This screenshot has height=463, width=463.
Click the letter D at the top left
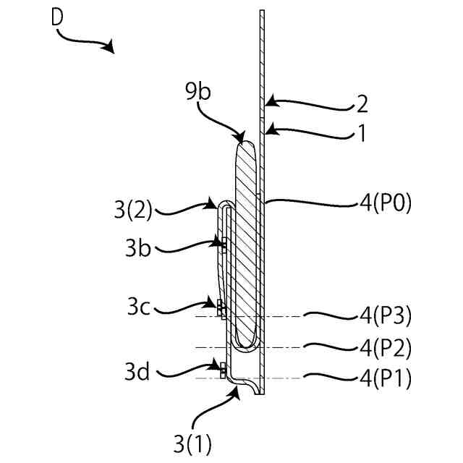(x=58, y=17)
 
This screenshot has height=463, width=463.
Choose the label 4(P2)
(x=383, y=348)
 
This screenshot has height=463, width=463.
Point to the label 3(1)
(x=194, y=440)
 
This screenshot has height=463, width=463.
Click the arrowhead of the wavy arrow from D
(x=110, y=48)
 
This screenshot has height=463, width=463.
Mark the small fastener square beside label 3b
(x=224, y=245)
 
